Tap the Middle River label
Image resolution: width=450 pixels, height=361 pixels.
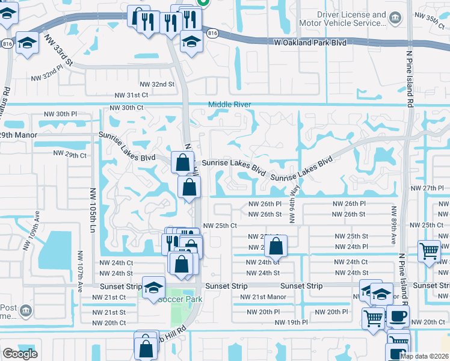point(229,105)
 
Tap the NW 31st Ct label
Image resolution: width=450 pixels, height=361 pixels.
point(132,95)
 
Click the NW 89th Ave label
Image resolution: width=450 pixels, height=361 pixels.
point(394,225)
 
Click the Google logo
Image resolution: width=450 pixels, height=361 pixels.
point(20,354)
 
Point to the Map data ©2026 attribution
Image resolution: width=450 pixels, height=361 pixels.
point(424,356)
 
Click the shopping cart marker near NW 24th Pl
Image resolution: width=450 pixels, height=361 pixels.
point(428,250)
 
